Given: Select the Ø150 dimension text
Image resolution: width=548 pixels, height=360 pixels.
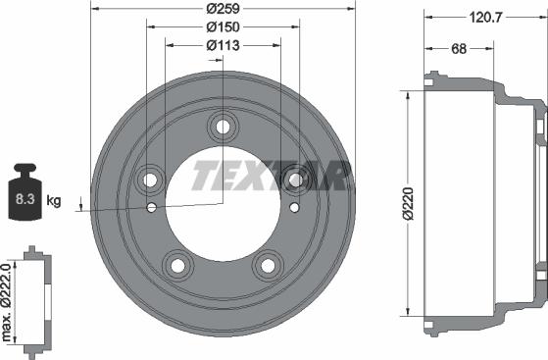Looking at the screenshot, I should pyautogui.click(x=224, y=27).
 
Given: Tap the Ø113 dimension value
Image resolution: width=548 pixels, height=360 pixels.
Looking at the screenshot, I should pyautogui.click(x=224, y=45).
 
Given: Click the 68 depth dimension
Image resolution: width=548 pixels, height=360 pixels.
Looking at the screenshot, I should pyautogui.click(x=457, y=49).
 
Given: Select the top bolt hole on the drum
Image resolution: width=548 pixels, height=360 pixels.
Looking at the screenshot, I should pyautogui.click(x=224, y=126).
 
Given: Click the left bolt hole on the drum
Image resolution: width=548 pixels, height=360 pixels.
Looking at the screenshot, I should pyautogui.click(x=151, y=179).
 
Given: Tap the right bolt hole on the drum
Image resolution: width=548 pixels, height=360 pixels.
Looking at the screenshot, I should pyautogui.click(x=295, y=179).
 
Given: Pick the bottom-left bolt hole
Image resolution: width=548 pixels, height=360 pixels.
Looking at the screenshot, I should pyautogui.click(x=178, y=264).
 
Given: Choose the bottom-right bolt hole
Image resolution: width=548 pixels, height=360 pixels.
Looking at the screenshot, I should pyautogui.click(x=268, y=264).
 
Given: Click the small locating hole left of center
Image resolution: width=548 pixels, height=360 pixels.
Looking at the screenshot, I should pyautogui.click(x=151, y=207).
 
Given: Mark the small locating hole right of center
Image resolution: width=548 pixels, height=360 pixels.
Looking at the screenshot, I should pyautogui.click(x=295, y=207).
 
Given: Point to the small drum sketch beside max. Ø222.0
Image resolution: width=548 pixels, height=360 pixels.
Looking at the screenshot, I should pyautogui.click(x=36, y=303).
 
